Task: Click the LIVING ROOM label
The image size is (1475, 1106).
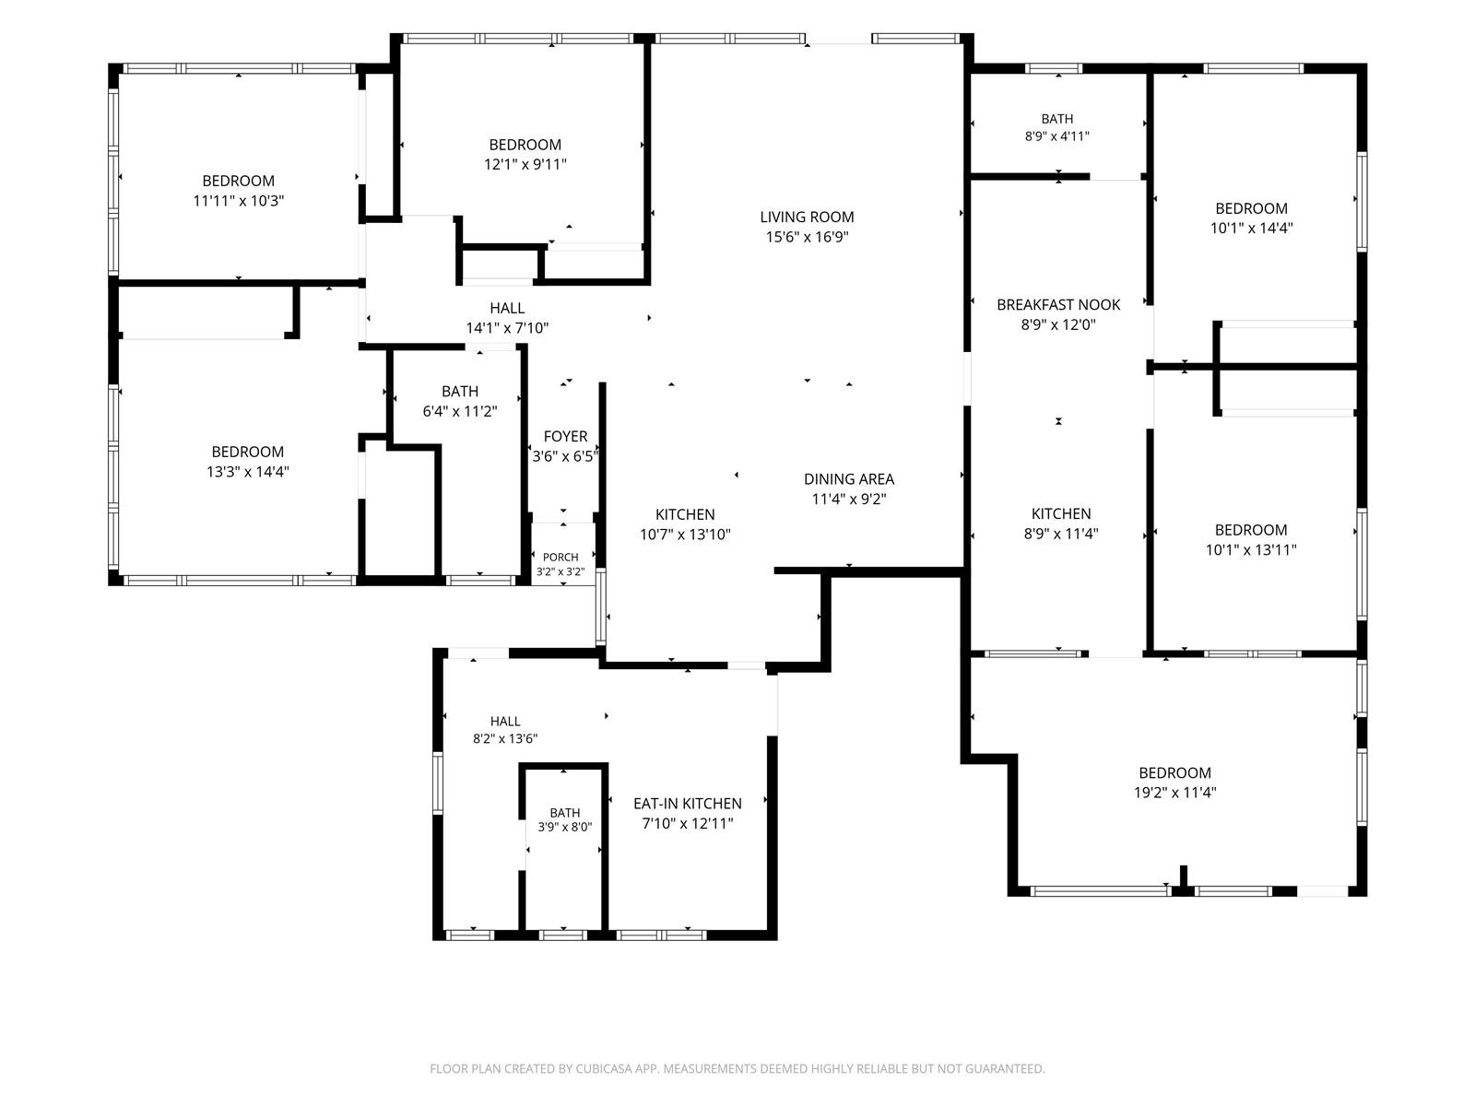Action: [x=807, y=217]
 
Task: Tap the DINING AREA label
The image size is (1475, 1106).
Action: [x=848, y=478]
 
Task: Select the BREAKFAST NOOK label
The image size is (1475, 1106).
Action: [x=1057, y=304]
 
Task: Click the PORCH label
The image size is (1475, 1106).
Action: [x=560, y=557]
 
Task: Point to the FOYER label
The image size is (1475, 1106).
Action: [x=565, y=437]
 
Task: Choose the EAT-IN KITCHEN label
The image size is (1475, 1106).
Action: [x=687, y=803]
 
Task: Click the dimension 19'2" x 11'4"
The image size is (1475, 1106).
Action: [x=1174, y=793]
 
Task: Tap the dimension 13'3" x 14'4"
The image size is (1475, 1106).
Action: [x=247, y=471]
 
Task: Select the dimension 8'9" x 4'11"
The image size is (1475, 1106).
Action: [x=1056, y=136]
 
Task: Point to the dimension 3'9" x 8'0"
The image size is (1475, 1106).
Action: [x=564, y=828]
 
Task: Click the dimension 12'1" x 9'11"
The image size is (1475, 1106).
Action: [x=525, y=164]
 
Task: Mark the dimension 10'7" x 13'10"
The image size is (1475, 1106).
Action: [x=684, y=535]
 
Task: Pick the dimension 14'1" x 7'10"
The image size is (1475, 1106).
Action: [x=507, y=328]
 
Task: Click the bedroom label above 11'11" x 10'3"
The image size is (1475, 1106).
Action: [x=238, y=181]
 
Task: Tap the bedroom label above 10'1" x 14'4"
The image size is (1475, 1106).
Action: [x=1251, y=208]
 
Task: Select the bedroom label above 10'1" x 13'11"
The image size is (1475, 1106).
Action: [x=1251, y=530]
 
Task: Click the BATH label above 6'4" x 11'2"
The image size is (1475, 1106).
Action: [x=460, y=392]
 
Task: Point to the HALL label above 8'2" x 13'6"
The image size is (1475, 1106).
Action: [x=504, y=722]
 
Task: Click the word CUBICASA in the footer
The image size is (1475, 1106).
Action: [x=604, y=1068]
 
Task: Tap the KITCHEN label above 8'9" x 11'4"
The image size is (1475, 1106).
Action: [x=1060, y=513]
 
